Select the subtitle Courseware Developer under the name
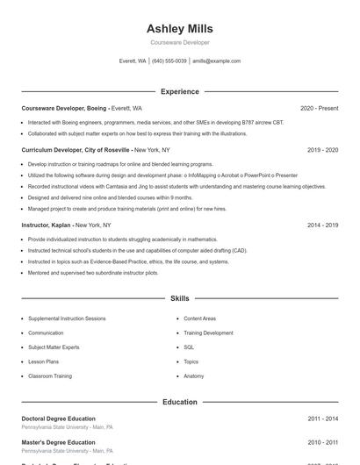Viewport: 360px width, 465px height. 179,42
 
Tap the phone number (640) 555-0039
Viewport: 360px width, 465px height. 169,61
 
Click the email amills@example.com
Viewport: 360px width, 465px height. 216,61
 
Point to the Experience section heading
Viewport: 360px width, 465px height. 179,91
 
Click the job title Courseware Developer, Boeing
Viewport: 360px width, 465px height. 64,108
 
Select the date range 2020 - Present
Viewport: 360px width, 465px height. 319,108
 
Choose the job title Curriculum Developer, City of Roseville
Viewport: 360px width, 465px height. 76,150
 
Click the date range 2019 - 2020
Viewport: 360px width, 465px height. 322,150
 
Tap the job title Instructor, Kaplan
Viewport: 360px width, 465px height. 47,225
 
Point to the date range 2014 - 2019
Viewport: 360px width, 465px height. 322,225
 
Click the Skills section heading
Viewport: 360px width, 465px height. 179,299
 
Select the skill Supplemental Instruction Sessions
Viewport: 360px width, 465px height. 67,318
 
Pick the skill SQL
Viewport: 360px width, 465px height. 189,347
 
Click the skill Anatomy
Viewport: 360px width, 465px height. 193,376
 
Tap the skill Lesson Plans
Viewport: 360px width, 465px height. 43,361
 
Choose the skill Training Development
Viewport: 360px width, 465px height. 208,333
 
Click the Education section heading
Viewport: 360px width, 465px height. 179,402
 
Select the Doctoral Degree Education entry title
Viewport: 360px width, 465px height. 58,418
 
